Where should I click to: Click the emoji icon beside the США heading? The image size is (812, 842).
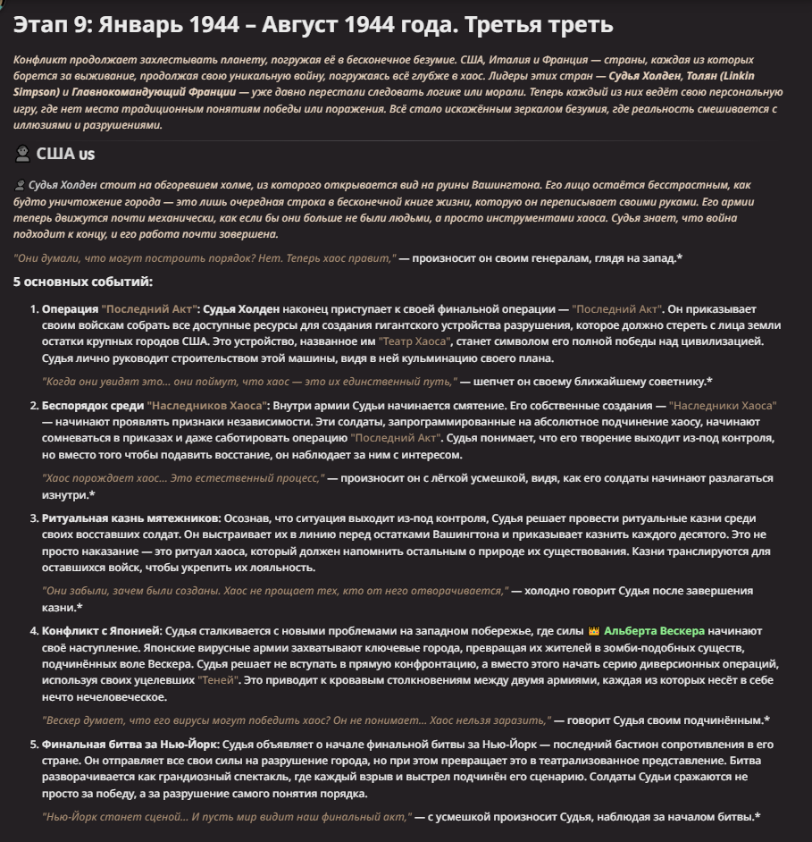coord(22,154)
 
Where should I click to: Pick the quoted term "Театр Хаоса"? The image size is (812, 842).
coord(414,342)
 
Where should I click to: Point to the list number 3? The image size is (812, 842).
coord(33,518)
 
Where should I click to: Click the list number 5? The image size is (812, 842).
coord(33,743)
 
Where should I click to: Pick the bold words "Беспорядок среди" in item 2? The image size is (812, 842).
coord(92,405)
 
